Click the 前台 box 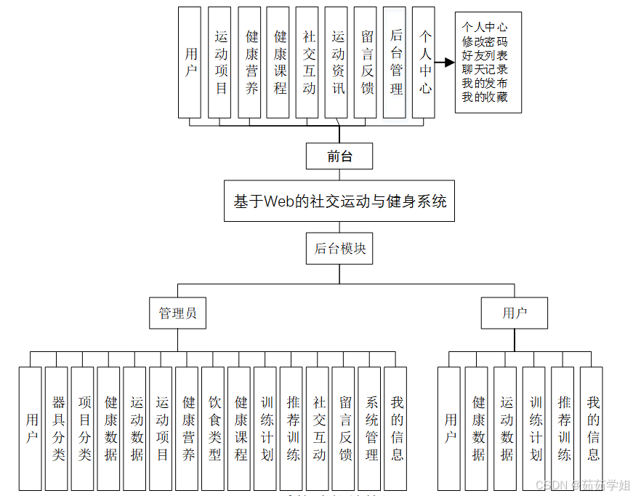coord(339,156)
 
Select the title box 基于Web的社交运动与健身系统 coord(339,201)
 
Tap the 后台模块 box coord(339,249)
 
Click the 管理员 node coord(177,313)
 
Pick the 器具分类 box coord(56,428)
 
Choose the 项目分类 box coord(82,428)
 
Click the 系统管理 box coord(370,428)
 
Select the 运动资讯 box coord(336,63)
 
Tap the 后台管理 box coord(395,63)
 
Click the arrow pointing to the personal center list coord(444,63)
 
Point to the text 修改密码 coord(485,41)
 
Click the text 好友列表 coord(485,55)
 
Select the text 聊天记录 coord(485,69)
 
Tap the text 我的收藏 coord(485,97)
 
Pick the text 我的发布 coord(485,83)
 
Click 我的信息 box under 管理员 coord(395,428)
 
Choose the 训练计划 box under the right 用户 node coord(534,428)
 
